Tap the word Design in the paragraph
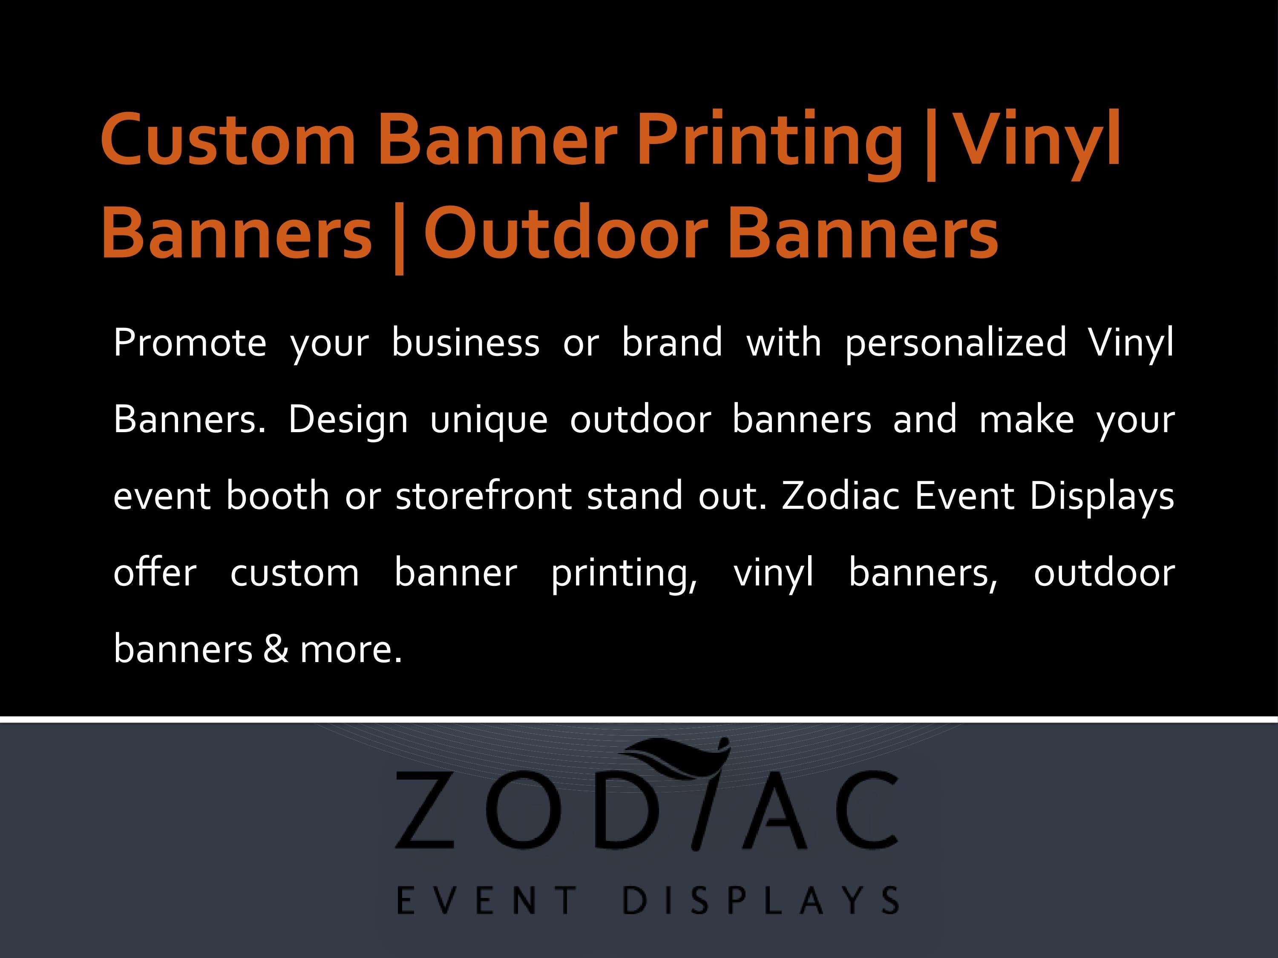(x=348, y=420)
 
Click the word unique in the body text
(x=489, y=420)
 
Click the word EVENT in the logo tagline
(x=486, y=901)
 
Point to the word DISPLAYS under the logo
(x=760, y=901)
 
